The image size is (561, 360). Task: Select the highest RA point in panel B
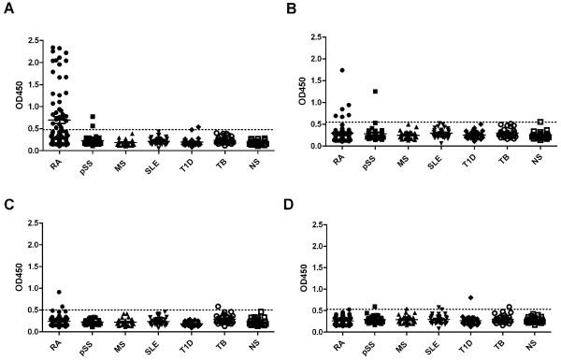point(342,70)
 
